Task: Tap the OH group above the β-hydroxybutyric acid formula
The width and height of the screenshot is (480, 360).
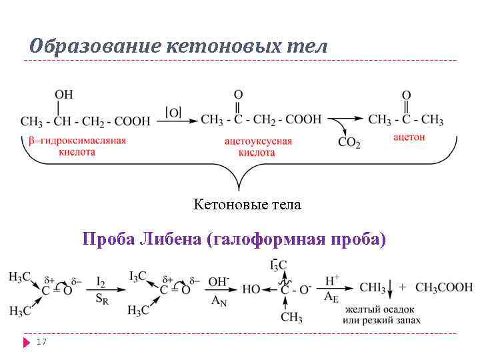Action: (x=65, y=95)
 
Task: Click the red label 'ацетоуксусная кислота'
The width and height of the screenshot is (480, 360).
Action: (x=258, y=147)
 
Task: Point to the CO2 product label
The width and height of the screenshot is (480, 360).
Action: (x=349, y=142)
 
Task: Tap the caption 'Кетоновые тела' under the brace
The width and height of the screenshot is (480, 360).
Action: (x=247, y=205)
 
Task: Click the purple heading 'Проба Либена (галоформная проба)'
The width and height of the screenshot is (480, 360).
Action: (x=233, y=239)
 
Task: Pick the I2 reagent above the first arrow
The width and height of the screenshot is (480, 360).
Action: (x=101, y=282)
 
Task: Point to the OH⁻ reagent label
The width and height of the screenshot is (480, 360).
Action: (x=219, y=281)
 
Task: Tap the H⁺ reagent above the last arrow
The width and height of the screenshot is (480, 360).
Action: (x=332, y=281)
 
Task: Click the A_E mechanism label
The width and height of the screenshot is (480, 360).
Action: (x=331, y=297)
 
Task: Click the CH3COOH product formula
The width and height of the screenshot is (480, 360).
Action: (x=444, y=288)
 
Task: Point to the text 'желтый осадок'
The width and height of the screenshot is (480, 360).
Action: (x=380, y=310)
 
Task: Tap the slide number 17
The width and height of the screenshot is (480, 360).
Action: (x=41, y=341)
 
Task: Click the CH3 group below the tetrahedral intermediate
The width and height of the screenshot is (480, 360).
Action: (x=291, y=318)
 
